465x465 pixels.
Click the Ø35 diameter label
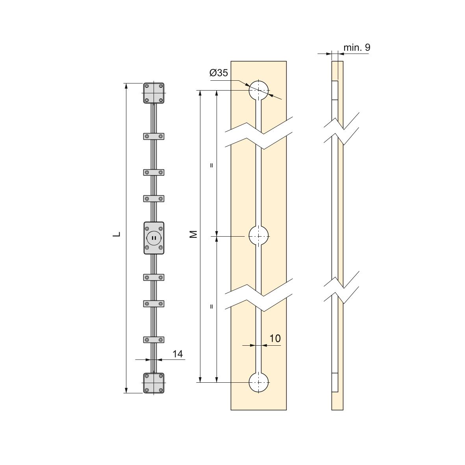(219, 73)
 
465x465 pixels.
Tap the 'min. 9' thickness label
(357, 48)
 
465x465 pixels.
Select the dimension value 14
(178, 354)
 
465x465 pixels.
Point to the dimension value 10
(275, 338)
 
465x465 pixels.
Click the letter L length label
(117, 234)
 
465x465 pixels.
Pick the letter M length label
(193, 234)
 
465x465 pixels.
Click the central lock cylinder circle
(154, 237)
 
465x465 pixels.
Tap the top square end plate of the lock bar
(154, 93)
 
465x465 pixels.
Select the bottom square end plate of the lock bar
(154, 383)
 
